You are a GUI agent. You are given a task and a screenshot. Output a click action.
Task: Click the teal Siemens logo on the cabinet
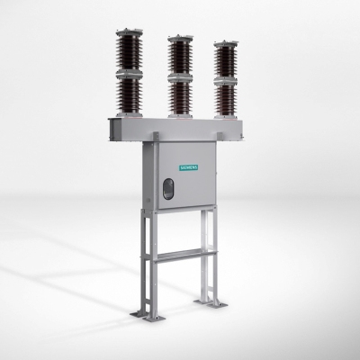(x=189, y=167)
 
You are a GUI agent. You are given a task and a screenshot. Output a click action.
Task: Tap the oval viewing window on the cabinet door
(x=168, y=189)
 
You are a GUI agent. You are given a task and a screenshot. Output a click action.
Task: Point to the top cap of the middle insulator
(x=180, y=38)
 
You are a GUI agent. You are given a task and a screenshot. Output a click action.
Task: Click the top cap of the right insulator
(x=226, y=43)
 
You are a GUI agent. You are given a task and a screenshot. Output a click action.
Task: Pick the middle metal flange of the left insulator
(x=129, y=74)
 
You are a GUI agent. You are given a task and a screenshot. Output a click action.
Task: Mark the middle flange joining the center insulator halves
(x=180, y=78)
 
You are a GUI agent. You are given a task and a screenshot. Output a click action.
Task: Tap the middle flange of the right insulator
(x=226, y=81)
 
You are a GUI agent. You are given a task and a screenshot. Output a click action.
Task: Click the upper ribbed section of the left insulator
(x=130, y=53)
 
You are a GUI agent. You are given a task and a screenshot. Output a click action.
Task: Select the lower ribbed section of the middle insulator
(x=180, y=97)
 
